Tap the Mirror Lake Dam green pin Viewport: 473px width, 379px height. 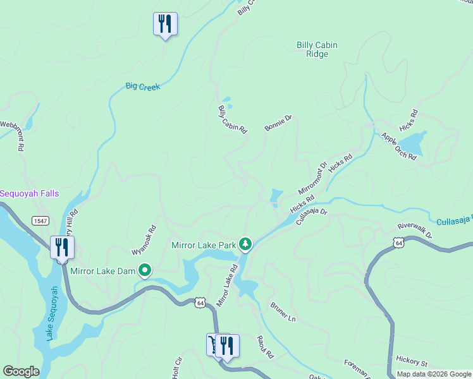[x=145, y=271]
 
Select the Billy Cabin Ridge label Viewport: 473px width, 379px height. [x=317, y=49]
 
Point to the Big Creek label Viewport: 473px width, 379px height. [x=142, y=87]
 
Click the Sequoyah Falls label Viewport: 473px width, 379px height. [x=30, y=193]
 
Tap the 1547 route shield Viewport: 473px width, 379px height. [x=40, y=220]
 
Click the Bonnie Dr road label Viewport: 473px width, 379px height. [x=278, y=123]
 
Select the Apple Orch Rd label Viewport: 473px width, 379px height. [x=398, y=147]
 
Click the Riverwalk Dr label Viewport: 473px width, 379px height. [x=415, y=230]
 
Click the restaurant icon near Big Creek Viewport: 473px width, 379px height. [x=165, y=25]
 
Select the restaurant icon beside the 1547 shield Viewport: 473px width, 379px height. [x=62, y=247]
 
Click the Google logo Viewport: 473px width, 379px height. [x=21, y=371]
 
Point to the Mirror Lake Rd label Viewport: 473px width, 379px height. [x=227, y=286]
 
